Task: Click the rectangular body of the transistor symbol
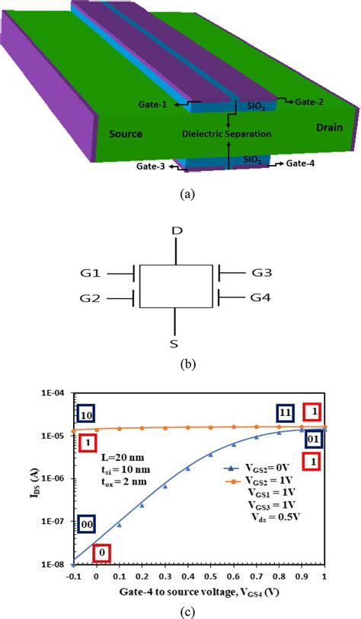coord(176,286)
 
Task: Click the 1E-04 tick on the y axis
coord(56,393)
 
